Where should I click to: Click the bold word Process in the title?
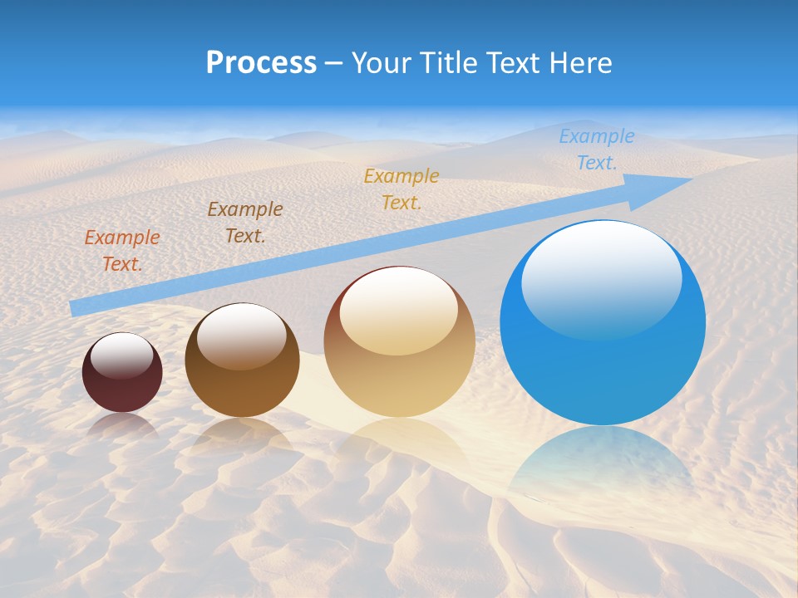[261, 63]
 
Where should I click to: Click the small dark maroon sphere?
[122, 373]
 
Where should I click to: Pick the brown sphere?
[242, 360]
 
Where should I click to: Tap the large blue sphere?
[603, 322]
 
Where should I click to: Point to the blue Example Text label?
[596, 149]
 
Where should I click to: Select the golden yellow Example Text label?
[401, 189]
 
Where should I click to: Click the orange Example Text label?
[122, 250]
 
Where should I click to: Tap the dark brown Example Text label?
[245, 222]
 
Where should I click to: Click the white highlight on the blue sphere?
[601, 278]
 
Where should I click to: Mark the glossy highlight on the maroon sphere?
[122, 356]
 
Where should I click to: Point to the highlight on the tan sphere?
[399, 311]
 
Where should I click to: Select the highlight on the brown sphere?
[242, 336]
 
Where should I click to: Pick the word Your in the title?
[382, 63]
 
